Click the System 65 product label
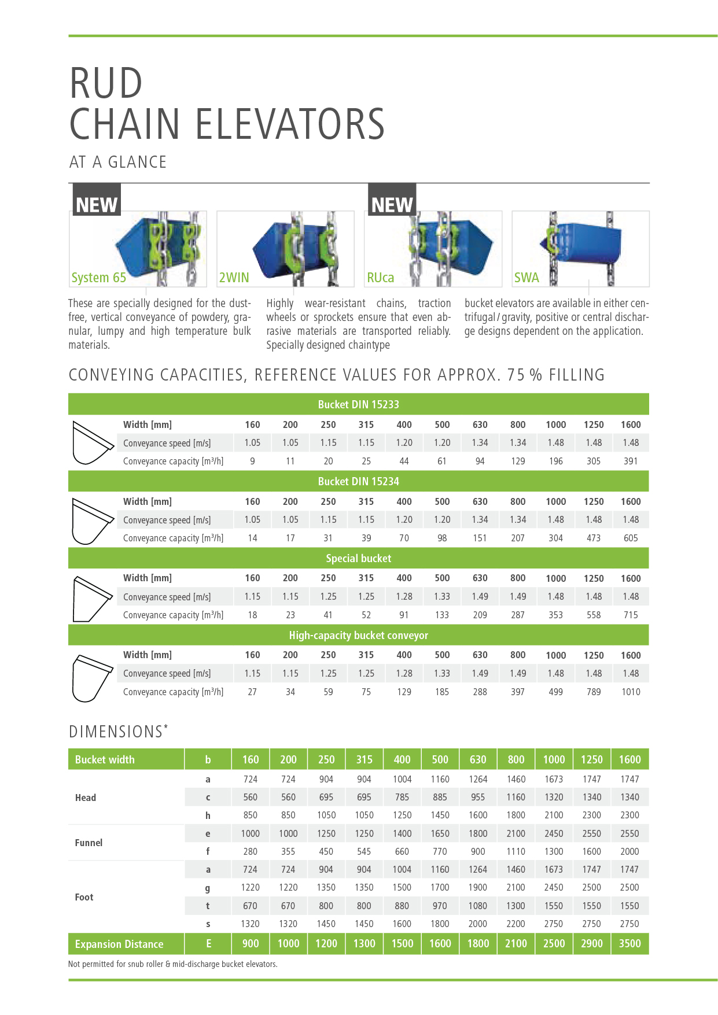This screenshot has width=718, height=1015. (x=98, y=278)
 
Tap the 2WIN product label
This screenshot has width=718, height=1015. (x=234, y=278)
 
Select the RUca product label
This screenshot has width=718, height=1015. (x=380, y=278)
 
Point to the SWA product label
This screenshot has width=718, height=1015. (x=526, y=278)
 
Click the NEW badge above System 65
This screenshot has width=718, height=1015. (x=96, y=204)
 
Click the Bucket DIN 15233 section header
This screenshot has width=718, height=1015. (x=358, y=404)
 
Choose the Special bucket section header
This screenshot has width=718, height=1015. (x=358, y=558)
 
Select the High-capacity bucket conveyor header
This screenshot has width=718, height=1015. (x=358, y=635)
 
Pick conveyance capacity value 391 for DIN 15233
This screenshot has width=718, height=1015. (x=631, y=461)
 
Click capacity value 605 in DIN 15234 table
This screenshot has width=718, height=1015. (x=631, y=538)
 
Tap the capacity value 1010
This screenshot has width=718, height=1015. (x=631, y=692)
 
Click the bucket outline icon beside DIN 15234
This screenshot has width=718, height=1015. (x=91, y=521)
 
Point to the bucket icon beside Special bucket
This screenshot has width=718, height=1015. (x=91, y=598)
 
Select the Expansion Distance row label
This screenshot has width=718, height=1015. (x=119, y=944)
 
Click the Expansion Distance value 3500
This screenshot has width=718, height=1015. (x=629, y=943)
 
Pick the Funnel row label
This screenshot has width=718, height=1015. (x=89, y=843)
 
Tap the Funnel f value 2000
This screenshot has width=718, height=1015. (x=629, y=851)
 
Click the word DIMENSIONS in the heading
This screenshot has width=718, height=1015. (x=116, y=732)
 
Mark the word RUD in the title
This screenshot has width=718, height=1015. (x=106, y=83)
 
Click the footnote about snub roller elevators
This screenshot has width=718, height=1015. (x=172, y=964)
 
